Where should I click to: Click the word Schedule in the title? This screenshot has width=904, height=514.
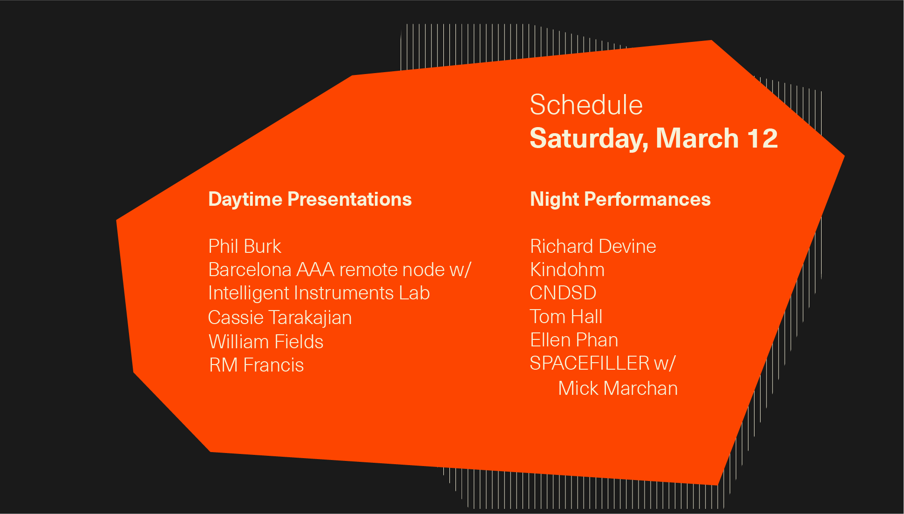tap(586, 105)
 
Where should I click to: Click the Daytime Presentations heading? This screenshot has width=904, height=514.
tap(310, 200)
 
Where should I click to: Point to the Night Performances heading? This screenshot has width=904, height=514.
tap(620, 199)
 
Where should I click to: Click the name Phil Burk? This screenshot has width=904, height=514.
tap(245, 246)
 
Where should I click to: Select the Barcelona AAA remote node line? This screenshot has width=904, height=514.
tap(340, 270)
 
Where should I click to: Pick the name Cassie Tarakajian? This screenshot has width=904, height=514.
tap(280, 318)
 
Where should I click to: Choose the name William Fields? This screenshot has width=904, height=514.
tap(266, 342)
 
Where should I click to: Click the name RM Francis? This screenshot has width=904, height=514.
tap(256, 365)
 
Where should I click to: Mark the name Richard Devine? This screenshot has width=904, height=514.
tap(593, 246)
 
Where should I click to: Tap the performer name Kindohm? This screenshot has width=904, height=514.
tap(567, 270)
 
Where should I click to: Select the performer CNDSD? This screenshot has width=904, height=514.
tap(563, 293)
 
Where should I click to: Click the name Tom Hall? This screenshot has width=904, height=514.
tap(566, 317)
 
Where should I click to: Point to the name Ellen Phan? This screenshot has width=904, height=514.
tap(574, 340)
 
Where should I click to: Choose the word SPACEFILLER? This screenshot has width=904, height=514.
tap(590, 364)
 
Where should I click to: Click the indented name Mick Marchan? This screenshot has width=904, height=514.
tap(618, 388)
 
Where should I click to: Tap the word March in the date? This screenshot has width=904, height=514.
tap(697, 138)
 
